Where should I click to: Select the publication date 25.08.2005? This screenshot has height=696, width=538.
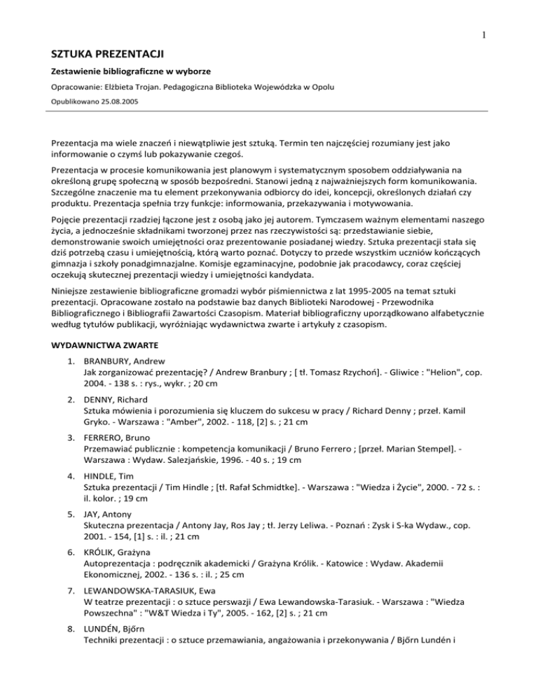112,100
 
